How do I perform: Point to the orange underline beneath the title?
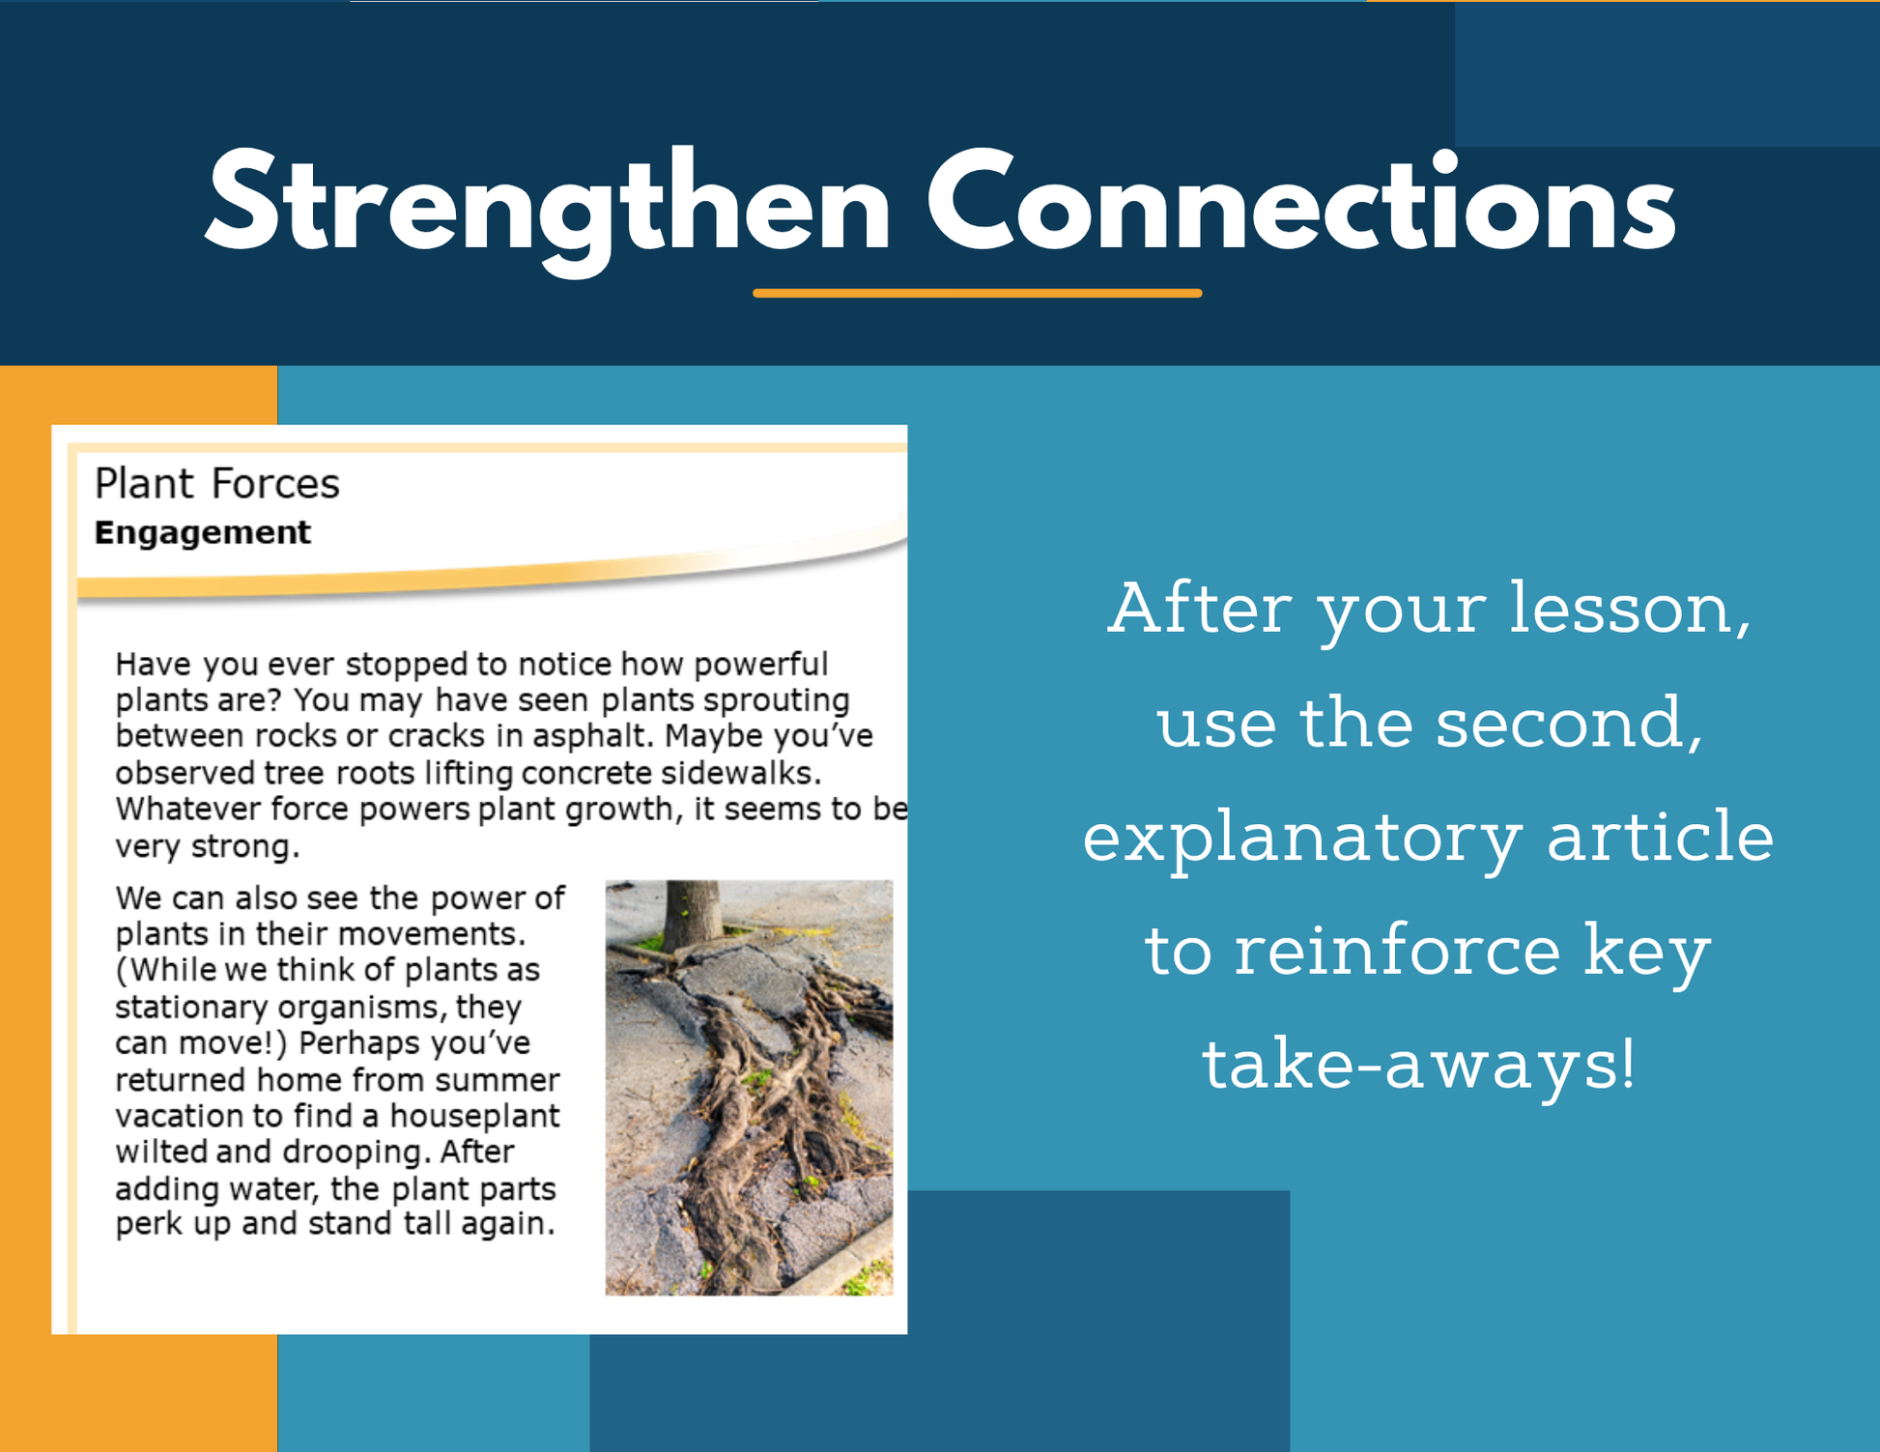pyautogui.click(x=978, y=293)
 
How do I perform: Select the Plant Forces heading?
pyautogui.click(x=217, y=483)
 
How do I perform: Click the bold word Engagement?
pyautogui.click(x=203, y=533)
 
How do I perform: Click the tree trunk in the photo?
pyautogui.click(x=692, y=913)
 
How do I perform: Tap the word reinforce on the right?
pyautogui.click(x=1397, y=950)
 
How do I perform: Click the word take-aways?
pyautogui.click(x=1418, y=1065)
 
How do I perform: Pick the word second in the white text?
pyautogui.click(x=1569, y=724)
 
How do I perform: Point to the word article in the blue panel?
pyautogui.click(x=1660, y=836)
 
